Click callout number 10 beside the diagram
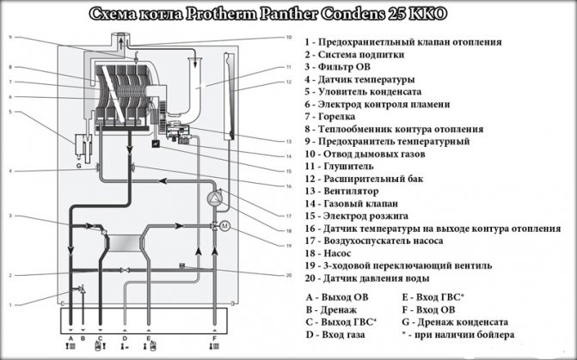289,37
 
